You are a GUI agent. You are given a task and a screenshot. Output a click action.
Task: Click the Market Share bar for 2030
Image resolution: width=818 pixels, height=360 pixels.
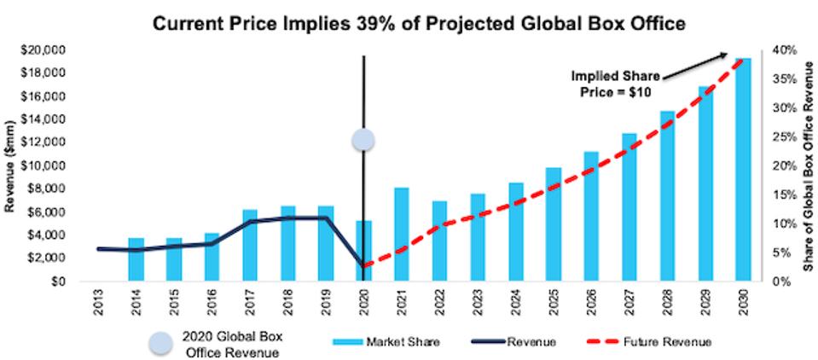744,171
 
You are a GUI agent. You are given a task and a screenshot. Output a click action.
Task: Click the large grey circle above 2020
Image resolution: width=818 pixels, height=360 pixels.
365,141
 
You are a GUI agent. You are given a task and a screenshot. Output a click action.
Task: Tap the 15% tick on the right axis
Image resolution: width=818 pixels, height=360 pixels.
786,195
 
